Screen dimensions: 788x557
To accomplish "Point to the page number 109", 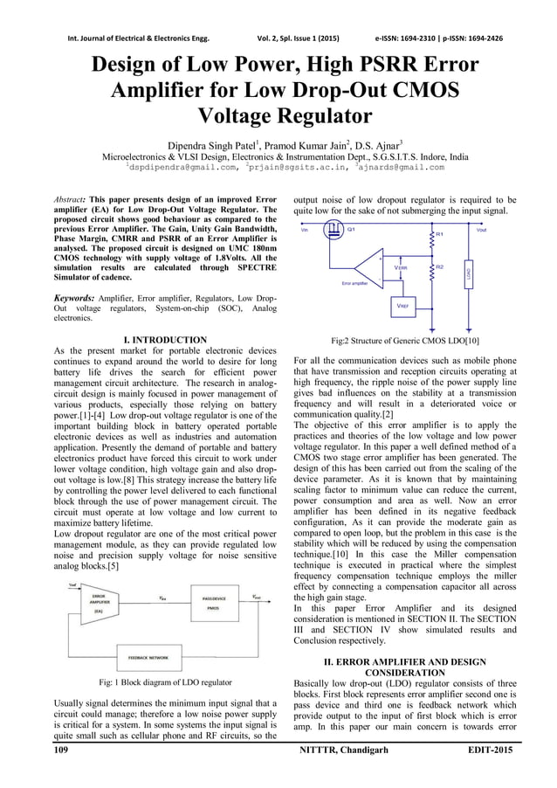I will [62, 750].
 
